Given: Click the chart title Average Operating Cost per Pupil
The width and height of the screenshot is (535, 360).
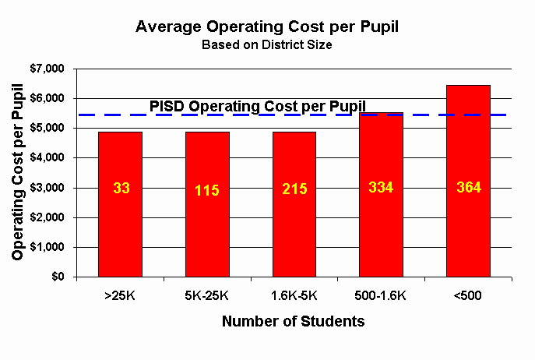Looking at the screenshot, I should pos(267,26).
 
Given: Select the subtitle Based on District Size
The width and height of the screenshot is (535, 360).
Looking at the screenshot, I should pos(267,45).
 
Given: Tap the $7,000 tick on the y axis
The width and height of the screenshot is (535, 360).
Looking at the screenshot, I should pos(48,69).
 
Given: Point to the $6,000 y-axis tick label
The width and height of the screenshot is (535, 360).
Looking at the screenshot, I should pos(48,99).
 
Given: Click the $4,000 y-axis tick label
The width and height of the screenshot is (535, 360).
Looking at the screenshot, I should pos(48,158).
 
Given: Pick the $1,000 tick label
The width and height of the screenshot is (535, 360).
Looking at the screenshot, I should pos(48,248).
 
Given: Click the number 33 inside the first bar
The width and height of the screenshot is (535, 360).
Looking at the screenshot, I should pos(120,188).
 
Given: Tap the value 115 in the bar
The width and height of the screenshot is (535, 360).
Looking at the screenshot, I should pos(207,189).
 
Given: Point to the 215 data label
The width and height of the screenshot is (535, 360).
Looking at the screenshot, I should pos(294,189).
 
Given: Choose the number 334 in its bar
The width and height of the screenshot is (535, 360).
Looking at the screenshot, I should pos(382,187).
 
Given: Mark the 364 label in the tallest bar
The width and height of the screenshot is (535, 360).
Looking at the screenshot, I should pos(468,188).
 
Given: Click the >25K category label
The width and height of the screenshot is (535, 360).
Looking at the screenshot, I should pos(120,297).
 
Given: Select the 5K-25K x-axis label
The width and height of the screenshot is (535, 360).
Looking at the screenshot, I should pos(207,297).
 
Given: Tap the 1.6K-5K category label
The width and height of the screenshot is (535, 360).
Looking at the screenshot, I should pos(294,297).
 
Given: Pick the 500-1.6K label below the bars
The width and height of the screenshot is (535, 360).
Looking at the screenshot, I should pos(382,297).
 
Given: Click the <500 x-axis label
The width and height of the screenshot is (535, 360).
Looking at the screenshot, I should pos(468,297).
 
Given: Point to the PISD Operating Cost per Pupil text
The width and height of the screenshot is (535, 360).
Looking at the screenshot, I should pos(257,107).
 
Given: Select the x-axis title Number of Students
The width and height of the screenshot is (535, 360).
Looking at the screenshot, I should pos(293,321).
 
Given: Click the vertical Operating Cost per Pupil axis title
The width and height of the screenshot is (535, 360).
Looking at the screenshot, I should pos(18,173).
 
